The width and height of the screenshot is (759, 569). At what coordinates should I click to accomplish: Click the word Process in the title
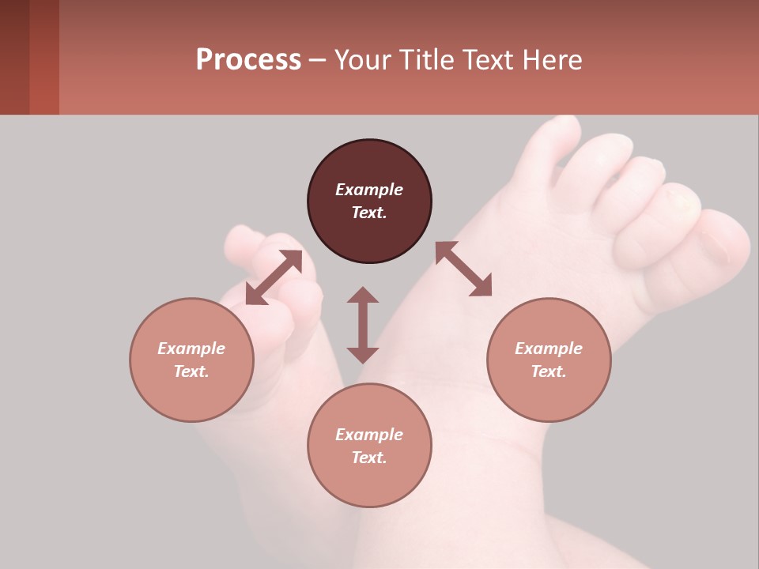248,60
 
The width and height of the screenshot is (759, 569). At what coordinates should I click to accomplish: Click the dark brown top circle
369,202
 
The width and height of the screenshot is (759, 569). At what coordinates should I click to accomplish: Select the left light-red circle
191,360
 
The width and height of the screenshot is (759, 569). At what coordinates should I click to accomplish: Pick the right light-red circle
549,360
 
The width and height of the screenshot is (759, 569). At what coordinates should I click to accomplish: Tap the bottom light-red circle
369,446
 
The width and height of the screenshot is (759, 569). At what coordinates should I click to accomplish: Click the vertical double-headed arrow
363,325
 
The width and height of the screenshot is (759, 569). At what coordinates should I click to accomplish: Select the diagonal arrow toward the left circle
274,277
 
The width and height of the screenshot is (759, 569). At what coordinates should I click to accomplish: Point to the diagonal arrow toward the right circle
464,269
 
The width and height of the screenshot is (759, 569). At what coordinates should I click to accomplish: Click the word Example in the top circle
369,190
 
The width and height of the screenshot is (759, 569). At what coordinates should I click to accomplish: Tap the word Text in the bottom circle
369,458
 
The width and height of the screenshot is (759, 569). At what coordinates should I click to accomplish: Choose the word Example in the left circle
191,349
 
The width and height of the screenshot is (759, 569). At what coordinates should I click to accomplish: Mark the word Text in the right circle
549,371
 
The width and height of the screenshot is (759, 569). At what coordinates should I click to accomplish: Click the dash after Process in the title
318,60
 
